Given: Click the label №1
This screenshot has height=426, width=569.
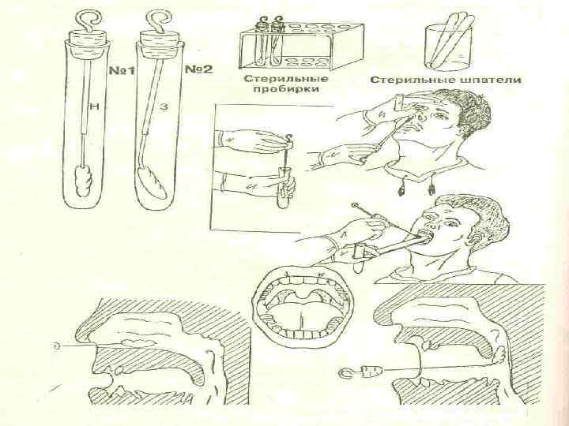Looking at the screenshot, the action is tap(122, 70).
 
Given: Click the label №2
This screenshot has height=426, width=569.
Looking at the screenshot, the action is tap(199, 69).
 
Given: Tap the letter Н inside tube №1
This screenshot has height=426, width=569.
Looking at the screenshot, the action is tap(94, 106).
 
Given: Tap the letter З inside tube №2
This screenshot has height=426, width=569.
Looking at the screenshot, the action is tap(164, 107).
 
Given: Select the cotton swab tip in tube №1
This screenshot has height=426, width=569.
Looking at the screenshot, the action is tap(84, 181).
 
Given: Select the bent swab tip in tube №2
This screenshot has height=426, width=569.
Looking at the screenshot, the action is tap(152, 183).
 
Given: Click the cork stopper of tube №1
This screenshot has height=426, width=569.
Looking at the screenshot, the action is tap(89, 43).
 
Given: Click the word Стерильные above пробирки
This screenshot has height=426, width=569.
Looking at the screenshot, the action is tap(286, 79).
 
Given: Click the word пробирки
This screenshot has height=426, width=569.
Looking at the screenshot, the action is tap(286, 89).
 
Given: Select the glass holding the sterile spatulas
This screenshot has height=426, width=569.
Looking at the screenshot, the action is tap(449, 47).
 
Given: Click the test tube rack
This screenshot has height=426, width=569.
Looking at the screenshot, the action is tap(301, 46).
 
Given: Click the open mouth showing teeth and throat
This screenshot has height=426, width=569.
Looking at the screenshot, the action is tap(303, 304).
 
